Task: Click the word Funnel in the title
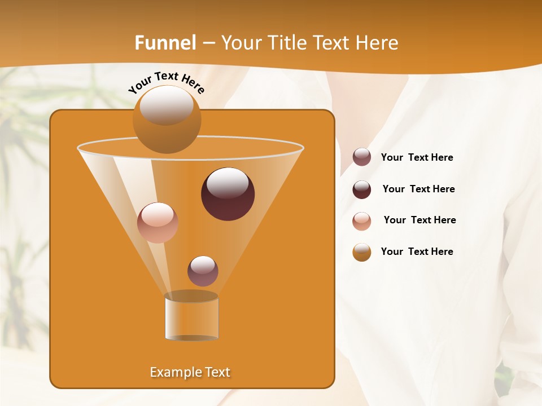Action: point(165,43)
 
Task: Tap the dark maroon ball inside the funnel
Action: point(228,195)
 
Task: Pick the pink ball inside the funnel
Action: point(158,223)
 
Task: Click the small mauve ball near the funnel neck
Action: point(203,271)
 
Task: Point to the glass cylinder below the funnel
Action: point(191,319)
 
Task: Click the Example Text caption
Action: point(190,372)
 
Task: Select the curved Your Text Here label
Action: point(166,82)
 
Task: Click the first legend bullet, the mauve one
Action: point(362,157)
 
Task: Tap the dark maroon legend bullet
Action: point(362,189)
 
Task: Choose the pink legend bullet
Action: point(362,221)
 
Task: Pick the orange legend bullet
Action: point(362,252)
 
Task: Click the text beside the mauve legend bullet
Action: point(417,157)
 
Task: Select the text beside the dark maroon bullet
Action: point(418,189)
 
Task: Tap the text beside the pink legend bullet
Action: point(419,220)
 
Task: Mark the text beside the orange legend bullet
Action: point(417,251)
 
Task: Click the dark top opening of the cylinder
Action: point(191,296)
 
